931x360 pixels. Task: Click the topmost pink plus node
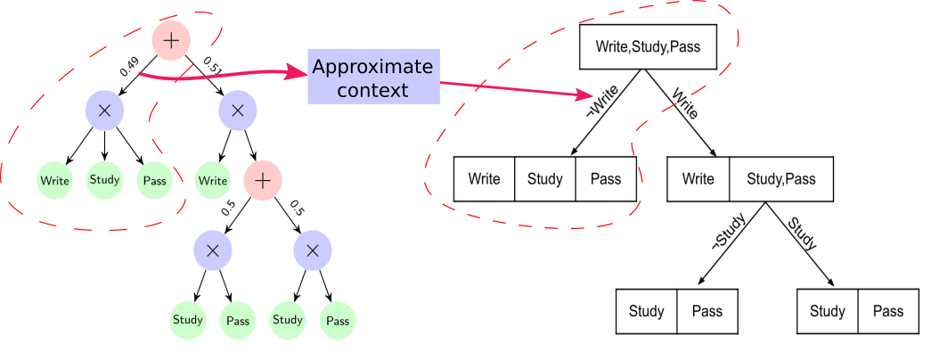171,40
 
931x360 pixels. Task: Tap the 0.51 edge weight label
212,67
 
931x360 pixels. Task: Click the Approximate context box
373,78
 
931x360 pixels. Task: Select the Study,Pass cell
780,179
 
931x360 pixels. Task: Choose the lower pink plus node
262,181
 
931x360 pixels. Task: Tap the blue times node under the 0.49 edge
104,110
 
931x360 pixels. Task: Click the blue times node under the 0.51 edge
237,110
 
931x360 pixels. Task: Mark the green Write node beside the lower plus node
213,181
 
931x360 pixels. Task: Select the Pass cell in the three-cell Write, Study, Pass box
606,179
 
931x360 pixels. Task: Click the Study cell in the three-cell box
545,179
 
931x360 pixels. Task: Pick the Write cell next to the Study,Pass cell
698,179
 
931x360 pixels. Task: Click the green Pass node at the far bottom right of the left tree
338,320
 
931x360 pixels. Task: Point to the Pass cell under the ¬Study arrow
707,312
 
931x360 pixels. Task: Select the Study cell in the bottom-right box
828,312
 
